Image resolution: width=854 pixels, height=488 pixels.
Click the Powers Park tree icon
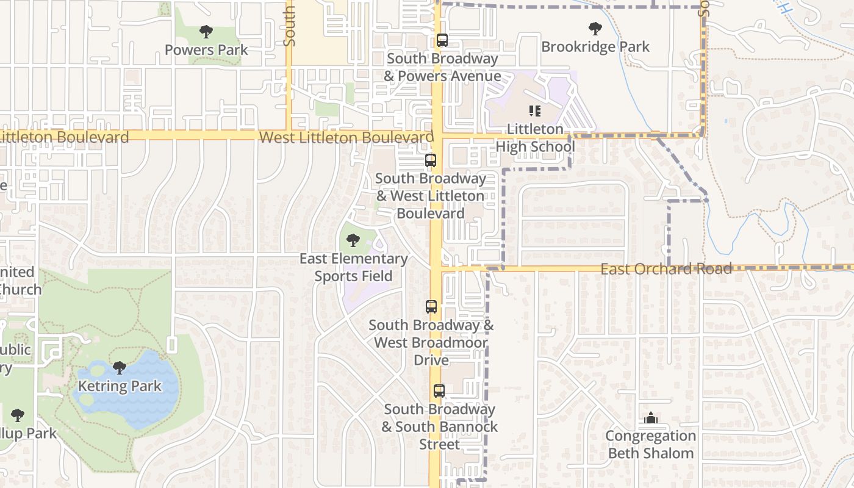(206, 32)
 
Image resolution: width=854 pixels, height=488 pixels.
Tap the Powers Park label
(206, 50)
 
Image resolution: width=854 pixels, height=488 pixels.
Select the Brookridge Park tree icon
(595, 29)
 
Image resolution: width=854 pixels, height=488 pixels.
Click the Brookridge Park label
(595, 47)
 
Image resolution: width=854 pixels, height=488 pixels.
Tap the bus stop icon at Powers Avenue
(442, 41)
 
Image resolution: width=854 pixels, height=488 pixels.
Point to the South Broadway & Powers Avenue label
(442, 68)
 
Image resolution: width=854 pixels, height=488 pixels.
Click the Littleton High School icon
(535, 111)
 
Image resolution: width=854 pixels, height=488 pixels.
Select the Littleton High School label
(535, 138)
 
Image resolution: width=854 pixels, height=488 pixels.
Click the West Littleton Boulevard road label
(346, 138)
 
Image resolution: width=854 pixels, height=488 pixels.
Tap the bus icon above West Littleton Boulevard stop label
(431, 160)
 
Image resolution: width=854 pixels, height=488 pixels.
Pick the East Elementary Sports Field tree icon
(353, 240)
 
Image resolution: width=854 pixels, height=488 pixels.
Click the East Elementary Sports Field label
(353, 267)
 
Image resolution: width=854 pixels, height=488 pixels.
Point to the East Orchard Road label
(666, 269)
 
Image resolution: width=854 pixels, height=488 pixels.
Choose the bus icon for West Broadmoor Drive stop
(431, 307)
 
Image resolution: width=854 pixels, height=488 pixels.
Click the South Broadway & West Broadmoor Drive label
(431, 342)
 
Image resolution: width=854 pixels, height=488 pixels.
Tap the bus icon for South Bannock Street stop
(439, 391)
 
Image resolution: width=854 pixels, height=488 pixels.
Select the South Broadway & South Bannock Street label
(440, 426)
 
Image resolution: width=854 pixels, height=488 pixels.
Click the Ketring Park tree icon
(120, 368)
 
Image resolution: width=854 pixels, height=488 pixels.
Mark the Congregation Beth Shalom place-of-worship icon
(651, 418)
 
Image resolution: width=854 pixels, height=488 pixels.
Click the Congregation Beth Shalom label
(650, 445)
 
